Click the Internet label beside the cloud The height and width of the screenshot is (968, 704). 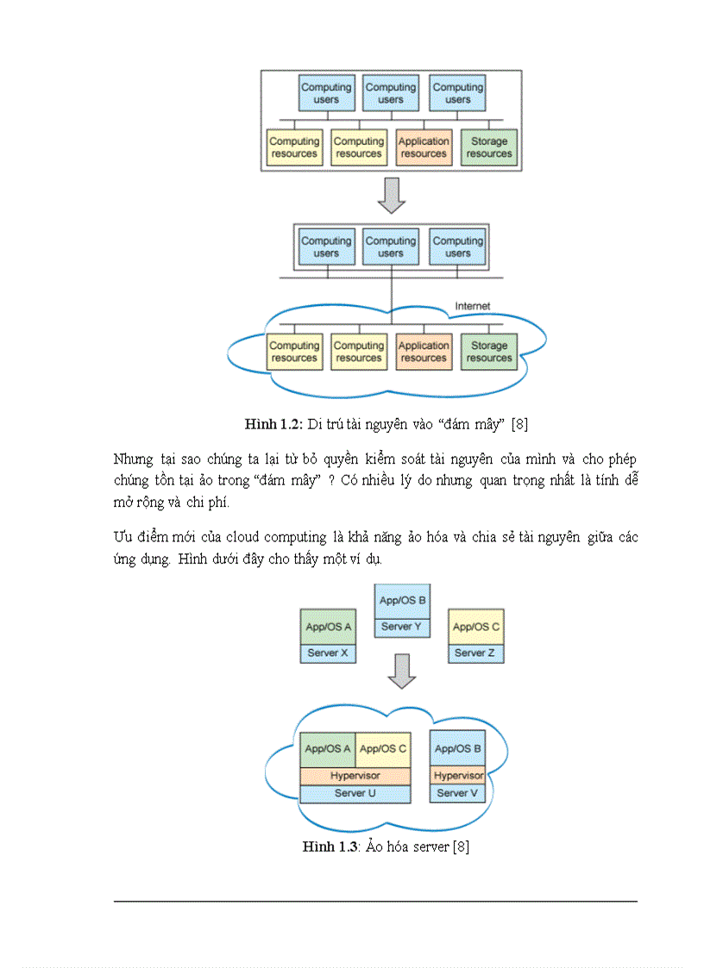[472, 306]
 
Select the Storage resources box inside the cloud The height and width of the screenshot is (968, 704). [489, 352]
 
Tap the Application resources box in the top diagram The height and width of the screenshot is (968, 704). [424, 147]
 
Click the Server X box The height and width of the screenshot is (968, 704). [329, 653]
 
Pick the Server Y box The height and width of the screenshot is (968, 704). [402, 627]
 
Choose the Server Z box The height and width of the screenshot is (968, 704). [475, 653]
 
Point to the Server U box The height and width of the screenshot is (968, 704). [355, 793]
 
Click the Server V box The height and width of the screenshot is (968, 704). [457, 793]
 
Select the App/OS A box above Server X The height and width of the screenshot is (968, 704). [329, 627]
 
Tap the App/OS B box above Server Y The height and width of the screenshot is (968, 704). [402, 601]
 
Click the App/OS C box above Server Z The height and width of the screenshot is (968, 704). [475, 627]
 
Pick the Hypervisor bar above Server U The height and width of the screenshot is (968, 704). [355, 776]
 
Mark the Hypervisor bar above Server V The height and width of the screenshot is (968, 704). [457, 776]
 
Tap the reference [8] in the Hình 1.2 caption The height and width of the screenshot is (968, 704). [519, 423]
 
